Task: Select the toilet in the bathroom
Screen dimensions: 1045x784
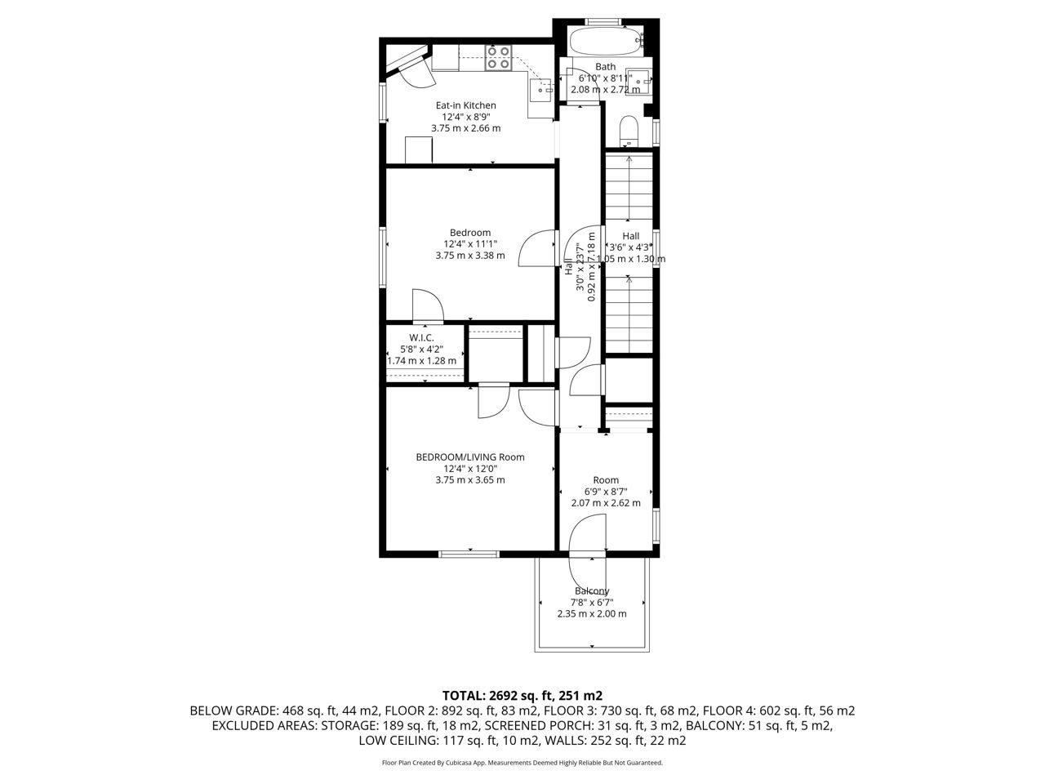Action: pos(629,131)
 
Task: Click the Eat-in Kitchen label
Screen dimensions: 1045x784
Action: pos(465,105)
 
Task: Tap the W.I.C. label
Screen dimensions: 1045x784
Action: pos(421,337)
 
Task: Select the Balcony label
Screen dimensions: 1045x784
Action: pos(592,590)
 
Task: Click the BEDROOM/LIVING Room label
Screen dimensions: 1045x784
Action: pos(470,457)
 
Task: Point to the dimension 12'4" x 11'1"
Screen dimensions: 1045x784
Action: pos(470,243)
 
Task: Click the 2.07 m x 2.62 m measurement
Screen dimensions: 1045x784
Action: pos(606,503)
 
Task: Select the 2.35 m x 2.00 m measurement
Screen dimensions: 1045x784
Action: pos(592,613)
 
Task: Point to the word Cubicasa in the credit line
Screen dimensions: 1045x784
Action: pos(460,763)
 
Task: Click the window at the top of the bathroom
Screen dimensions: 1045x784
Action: pos(603,21)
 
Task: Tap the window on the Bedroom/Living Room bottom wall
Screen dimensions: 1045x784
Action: pos(469,554)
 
